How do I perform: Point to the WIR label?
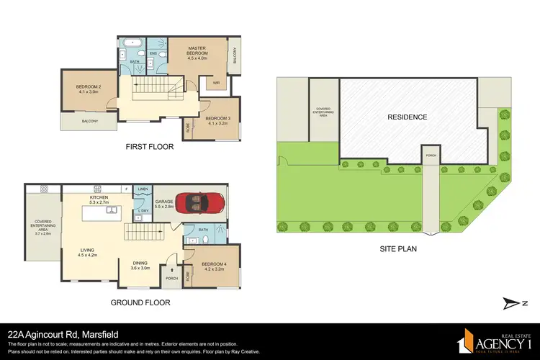tap(216, 83)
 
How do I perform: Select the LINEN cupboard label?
tap(143, 189)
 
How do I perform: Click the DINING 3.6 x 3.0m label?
tap(140, 264)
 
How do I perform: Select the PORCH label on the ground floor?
tap(172, 278)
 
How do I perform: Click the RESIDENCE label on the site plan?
tap(408, 117)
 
